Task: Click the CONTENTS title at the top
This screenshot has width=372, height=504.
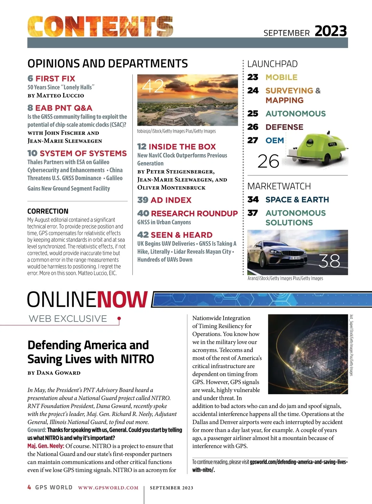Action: [100, 27]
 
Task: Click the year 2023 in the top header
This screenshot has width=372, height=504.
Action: [330, 31]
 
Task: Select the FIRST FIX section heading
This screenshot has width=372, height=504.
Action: [55, 78]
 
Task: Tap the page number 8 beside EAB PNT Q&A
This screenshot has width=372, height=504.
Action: [30, 108]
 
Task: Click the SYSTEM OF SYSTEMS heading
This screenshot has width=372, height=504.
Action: [83, 153]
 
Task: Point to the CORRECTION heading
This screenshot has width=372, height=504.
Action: [48, 211]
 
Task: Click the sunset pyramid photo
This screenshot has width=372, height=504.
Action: [187, 100]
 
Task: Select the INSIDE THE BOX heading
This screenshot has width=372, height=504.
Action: [182, 147]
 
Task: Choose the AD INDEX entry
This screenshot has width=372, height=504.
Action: [171, 200]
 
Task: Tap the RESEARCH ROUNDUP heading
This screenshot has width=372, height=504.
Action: [194, 214]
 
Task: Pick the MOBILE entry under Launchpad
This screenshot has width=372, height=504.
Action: [281, 77]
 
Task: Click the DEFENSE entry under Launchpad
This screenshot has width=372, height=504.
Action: [284, 127]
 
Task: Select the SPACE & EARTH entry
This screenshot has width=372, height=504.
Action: [297, 200]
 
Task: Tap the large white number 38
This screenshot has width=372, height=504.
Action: [329, 261]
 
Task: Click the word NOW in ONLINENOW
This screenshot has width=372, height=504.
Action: [122, 299]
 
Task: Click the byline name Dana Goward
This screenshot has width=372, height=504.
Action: [58, 373]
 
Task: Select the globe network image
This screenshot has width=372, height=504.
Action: [308, 354]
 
